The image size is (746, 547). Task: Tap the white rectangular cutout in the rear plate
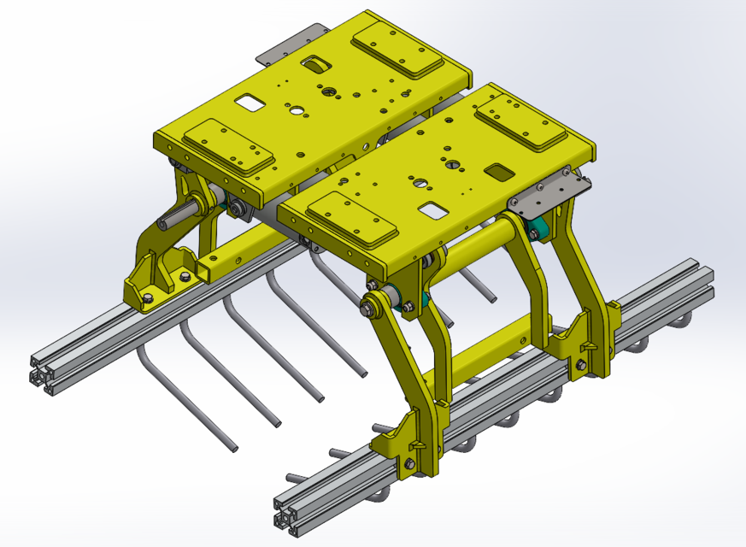[250, 103]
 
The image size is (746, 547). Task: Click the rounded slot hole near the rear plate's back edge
[317, 64]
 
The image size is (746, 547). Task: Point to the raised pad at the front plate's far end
[520, 122]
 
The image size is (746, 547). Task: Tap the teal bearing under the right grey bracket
[537, 228]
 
